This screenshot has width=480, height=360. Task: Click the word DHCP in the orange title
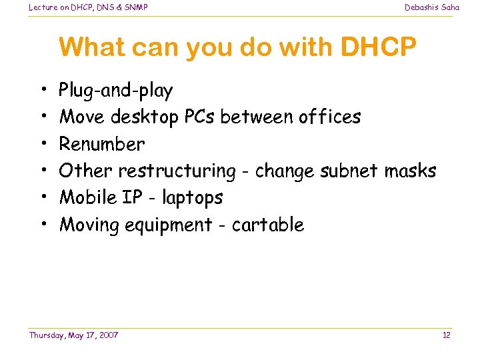tap(379, 47)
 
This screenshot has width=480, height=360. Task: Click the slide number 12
tap(447, 335)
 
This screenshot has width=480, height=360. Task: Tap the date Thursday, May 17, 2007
tap(73, 335)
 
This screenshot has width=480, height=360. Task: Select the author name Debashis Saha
tap(432, 7)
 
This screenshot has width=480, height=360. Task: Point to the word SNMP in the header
tap(134, 7)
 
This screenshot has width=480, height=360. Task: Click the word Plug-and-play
tap(116, 91)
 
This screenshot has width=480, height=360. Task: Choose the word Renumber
tap(102, 144)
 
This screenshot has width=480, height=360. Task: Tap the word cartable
tap(268, 225)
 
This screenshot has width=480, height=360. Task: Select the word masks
tap(411, 171)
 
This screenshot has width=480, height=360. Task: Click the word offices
tap(323, 117)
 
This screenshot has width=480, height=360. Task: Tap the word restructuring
tap(177, 171)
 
